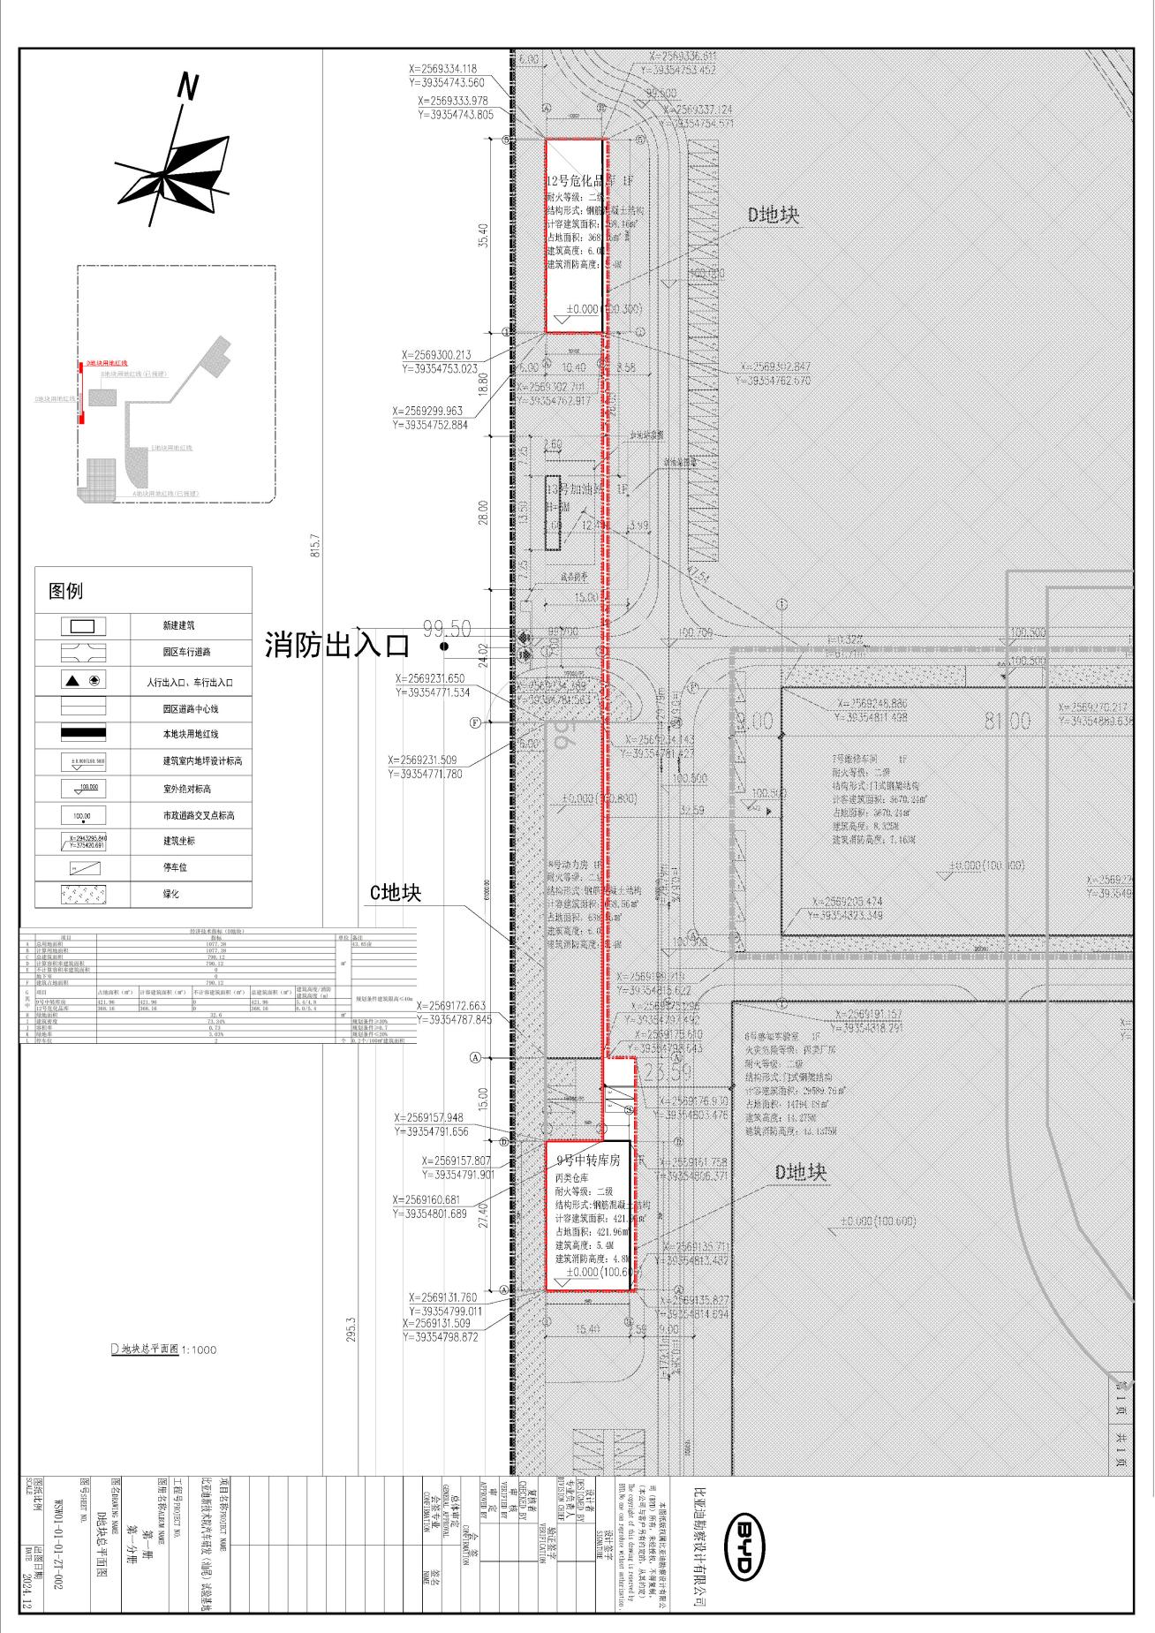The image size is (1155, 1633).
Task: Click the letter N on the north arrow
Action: click(x=187, y=87)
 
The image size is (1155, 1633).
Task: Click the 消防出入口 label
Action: click(x=338, y=646)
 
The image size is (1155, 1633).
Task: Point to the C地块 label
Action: click(x=395, y=893)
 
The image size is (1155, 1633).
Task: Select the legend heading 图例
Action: click(x=66, y=591)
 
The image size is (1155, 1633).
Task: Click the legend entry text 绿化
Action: click(x=171, y=894)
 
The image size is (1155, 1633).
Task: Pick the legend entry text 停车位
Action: click(x=175, y=867)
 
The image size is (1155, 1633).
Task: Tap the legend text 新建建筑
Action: click(x=179, y=626)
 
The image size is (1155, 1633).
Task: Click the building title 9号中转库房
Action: click(x=588, y=1160)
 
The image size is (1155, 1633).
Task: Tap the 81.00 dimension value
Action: click(x=1007, y=722)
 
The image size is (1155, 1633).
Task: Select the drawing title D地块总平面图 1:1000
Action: click(x=163, y=1349)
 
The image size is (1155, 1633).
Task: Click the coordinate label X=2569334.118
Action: click(x=443, y=69)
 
